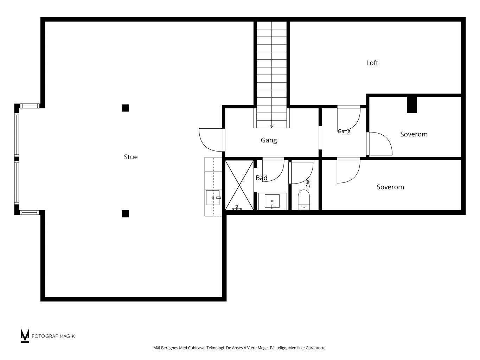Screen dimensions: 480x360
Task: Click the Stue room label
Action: tap(130, 157)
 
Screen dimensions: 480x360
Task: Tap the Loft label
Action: tap(372, 63)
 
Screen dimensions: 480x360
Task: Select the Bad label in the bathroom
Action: tap(261, 178)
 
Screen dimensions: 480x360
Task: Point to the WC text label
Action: tap(308, 184)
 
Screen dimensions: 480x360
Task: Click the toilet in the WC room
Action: tap(304, 200)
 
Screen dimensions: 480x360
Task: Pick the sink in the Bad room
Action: tap(272, 201)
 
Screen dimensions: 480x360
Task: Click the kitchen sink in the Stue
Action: tap(213, 198)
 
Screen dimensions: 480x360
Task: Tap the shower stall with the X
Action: tap(239, 185)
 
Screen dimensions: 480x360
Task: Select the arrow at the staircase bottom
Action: tap(271, 126)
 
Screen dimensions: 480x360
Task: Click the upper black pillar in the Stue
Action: tap(125, 108)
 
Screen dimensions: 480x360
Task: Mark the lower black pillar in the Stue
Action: tap(125, 213)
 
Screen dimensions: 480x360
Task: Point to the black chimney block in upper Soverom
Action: tap(412, 105)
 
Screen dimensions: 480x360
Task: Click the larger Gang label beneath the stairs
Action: tap(269, 140)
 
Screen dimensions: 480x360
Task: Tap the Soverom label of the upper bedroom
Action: tap(414, 134)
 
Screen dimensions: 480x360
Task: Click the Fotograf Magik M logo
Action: tap(25, 335)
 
